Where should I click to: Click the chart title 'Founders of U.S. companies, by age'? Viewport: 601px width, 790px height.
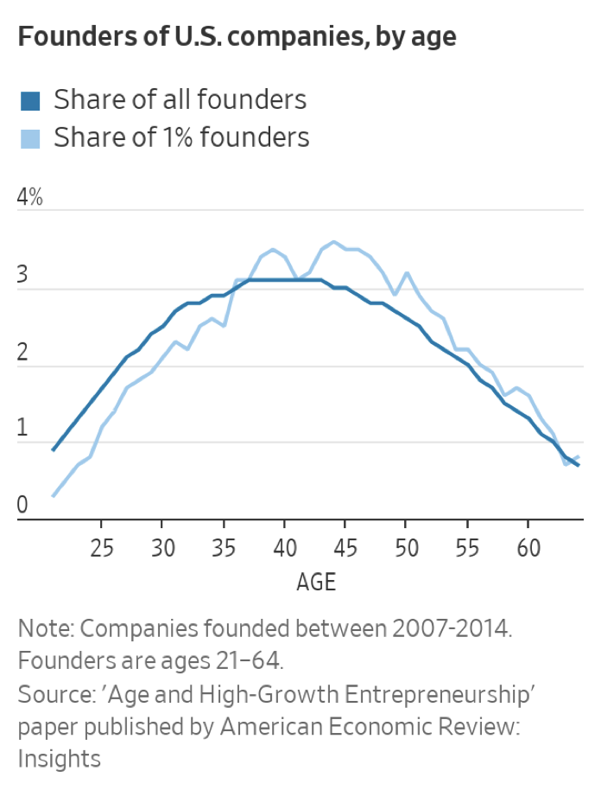[237, 37]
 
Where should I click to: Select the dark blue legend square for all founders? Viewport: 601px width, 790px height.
[30, 101]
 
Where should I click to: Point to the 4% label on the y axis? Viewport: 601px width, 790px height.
[30, 197]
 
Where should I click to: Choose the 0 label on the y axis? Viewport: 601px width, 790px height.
[23, 505]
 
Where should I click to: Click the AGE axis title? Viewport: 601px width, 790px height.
[315, 582]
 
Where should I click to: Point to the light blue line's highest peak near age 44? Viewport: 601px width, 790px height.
[333, 242]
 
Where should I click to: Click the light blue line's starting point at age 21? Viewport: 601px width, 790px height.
[54, 496]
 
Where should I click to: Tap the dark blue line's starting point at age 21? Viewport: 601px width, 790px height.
[54, 450]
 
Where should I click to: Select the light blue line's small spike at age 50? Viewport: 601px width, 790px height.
[407, 273]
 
